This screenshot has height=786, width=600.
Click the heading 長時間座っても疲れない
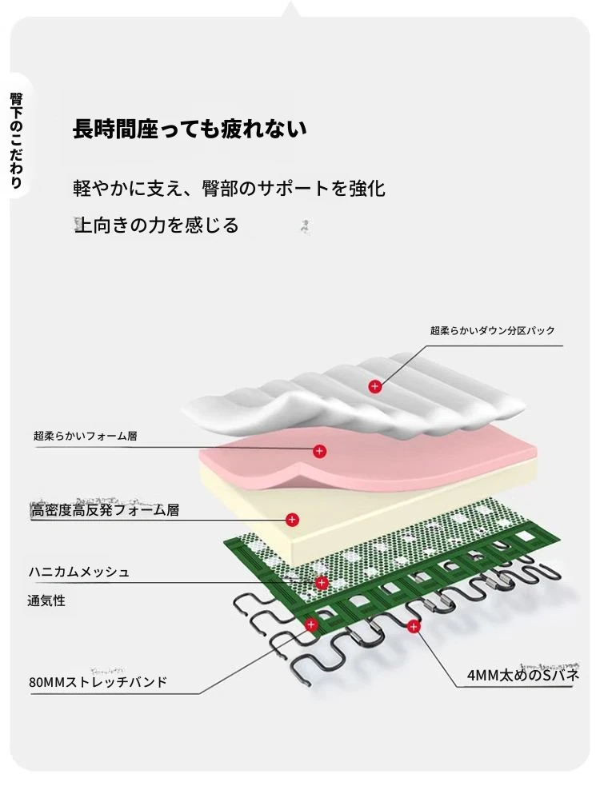pyautogui.click(x=190, y=130)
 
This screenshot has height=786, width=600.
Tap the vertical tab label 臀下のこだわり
pyautogui.click(x=16, y=140)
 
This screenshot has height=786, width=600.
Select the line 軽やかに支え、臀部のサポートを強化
pyautogui.click(x=229, y=189)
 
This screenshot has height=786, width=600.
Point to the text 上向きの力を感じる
pyautogui.click(x=157, y=225)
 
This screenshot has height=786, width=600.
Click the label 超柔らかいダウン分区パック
pyautogui.click(x=492, y=330)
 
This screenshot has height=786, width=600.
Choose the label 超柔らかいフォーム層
pyautogui.click(x=85, y=436)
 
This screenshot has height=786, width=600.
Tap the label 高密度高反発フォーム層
pyautogui.click(x=105, y=510)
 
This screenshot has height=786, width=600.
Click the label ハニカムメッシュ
pyautogui.click(x=78, y=572)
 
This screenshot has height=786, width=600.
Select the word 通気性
pyautogui.click(x=46, y=600)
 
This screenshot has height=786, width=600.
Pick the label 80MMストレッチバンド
pyautogui.click(x=98, y=682)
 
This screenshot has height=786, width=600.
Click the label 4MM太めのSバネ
pyautogui.click(x=522, y=675)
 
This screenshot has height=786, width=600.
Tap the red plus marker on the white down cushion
pyautogui.click(x=374, y=386)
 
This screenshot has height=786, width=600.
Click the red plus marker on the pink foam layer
pyautogui.click(x=319, y=451)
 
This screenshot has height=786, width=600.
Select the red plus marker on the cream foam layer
pyautogui.click(x=292, y=520)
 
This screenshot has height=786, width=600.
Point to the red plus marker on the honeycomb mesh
pyautogui.click(x=322, y=582)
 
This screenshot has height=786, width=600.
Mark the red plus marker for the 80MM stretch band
pyautogui.click(x=311, y=624)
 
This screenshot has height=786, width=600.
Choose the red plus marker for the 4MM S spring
pyautogui.click(x=413, y=626)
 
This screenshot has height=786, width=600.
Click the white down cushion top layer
pyautogui.click(x=354, y=396)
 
